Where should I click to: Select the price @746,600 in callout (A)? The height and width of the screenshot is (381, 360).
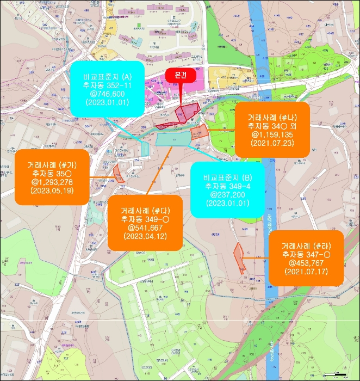[x=107, y=94]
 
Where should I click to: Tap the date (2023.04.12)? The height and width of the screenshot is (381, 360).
[x=144, y=237]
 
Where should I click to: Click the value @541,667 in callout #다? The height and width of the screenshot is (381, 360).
[x=144, y=228]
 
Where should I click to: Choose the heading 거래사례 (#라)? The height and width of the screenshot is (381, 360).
[x=306, y=245]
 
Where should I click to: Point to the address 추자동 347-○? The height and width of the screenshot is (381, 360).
[x=306, y=254]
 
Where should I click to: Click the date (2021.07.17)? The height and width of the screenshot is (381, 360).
[x=306, y=272]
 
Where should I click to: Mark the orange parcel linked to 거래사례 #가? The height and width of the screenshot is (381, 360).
[x=119, y=173]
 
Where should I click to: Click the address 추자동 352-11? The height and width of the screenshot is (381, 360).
[x=107, y=85]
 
